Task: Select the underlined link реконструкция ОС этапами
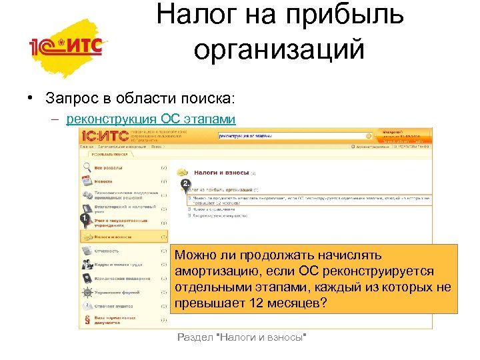[x=151, y=119]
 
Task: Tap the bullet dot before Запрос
[x=31, y=98]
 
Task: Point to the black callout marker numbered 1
[x=85, y=218]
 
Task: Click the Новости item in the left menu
[x=103, y=181]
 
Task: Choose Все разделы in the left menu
[x=107, y=167]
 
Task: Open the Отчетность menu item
[x=106, y=251]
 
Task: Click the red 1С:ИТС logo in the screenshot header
[x=104, y=136]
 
